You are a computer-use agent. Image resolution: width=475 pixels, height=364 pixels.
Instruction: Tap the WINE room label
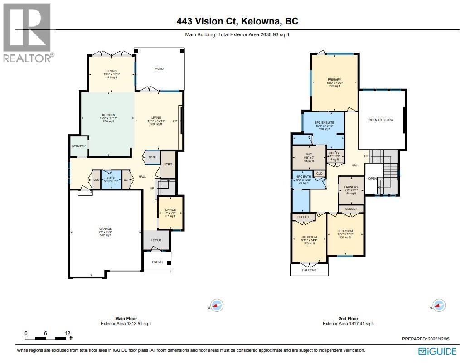pos(152,157)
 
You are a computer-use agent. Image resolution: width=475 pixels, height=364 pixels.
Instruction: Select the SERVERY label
pos(78,146)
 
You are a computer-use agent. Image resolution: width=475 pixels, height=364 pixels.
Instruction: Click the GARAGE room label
pos(106,229)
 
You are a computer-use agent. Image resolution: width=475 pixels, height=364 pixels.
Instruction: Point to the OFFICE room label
pos(170,210)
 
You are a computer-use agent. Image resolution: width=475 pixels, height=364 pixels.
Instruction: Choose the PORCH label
pos(157,262)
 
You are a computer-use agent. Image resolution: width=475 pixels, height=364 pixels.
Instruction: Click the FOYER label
pos(156,240)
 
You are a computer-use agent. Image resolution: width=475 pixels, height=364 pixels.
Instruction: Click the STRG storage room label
pos(168,165)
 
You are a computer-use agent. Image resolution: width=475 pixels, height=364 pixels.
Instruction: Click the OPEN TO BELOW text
pos(381,120)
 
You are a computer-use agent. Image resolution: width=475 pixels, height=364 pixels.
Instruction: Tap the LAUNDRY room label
pos(351,187)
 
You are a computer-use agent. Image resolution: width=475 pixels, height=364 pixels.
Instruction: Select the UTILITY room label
pos(334,153)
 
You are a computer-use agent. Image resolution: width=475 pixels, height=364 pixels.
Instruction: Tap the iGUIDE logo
pos(437,351)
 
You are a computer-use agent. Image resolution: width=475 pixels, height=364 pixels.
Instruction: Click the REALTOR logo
pos(27,32)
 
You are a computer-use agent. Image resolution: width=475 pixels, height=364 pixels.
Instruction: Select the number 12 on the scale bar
pos(68,333)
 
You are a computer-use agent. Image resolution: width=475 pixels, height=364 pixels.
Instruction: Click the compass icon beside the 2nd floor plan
pos(438,305)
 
